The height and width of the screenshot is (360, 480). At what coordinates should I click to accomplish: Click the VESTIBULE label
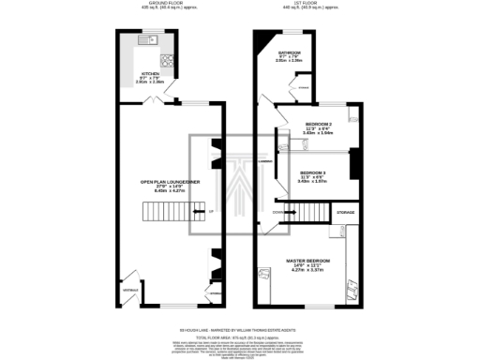[129, 290]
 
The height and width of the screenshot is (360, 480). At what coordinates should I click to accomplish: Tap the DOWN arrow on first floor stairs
[278, 212]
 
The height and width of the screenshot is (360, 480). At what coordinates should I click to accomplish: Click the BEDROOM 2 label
[321, 125]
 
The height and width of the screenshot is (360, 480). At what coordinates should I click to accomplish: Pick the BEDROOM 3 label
[313, 173]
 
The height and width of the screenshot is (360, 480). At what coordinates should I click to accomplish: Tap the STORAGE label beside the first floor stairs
[346, 215]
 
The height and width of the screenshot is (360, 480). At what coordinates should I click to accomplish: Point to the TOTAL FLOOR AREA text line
[240, 336]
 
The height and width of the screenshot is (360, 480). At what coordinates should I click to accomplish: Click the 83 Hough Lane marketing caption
[240, 329]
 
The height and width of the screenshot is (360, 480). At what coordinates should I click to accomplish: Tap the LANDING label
[266, 161]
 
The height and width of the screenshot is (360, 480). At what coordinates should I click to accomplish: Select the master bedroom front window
[307, 306]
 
